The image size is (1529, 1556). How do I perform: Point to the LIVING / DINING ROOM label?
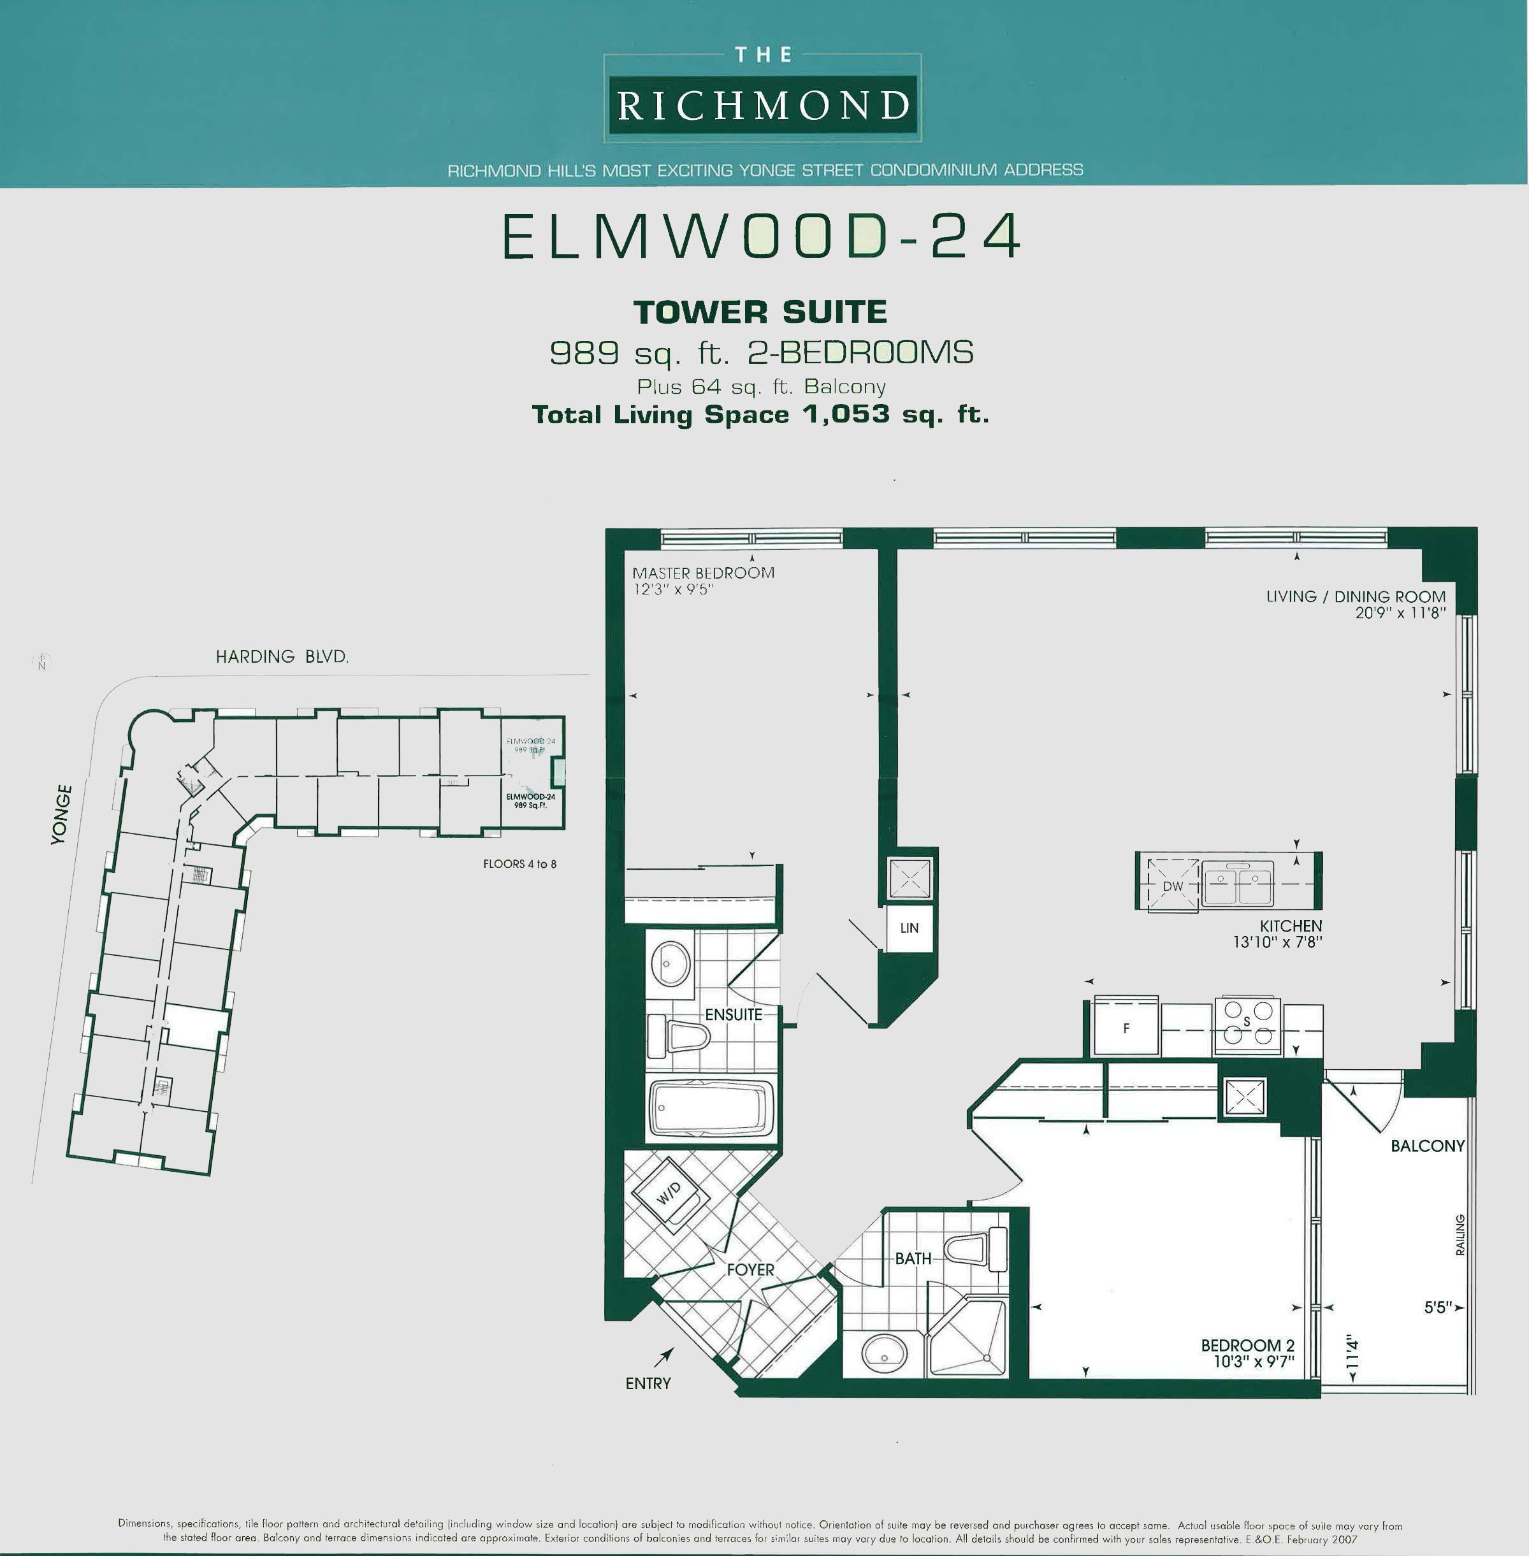[1356, 596]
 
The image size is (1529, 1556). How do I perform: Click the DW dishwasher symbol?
[1173, 886]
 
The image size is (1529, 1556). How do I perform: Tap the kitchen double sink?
[1238, 883]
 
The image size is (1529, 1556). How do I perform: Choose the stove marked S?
[1246, 1025]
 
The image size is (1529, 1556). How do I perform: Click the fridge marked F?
[1125, 1027]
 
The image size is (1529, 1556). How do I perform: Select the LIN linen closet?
[909, 928]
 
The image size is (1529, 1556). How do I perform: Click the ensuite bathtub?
[711, 1107]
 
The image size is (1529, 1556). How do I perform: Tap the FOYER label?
[750, 1270]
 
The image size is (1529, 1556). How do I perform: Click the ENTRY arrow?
[663, 1357]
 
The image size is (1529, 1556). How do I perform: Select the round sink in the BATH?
[884, 1353]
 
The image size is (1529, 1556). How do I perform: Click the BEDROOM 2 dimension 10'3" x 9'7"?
[1254, 1362]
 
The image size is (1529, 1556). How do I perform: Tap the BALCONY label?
[1427, 1146]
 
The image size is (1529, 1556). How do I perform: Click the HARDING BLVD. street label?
[282, 657]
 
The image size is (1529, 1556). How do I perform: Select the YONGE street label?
[61, 814]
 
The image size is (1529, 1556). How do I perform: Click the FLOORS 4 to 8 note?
[519, 864]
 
